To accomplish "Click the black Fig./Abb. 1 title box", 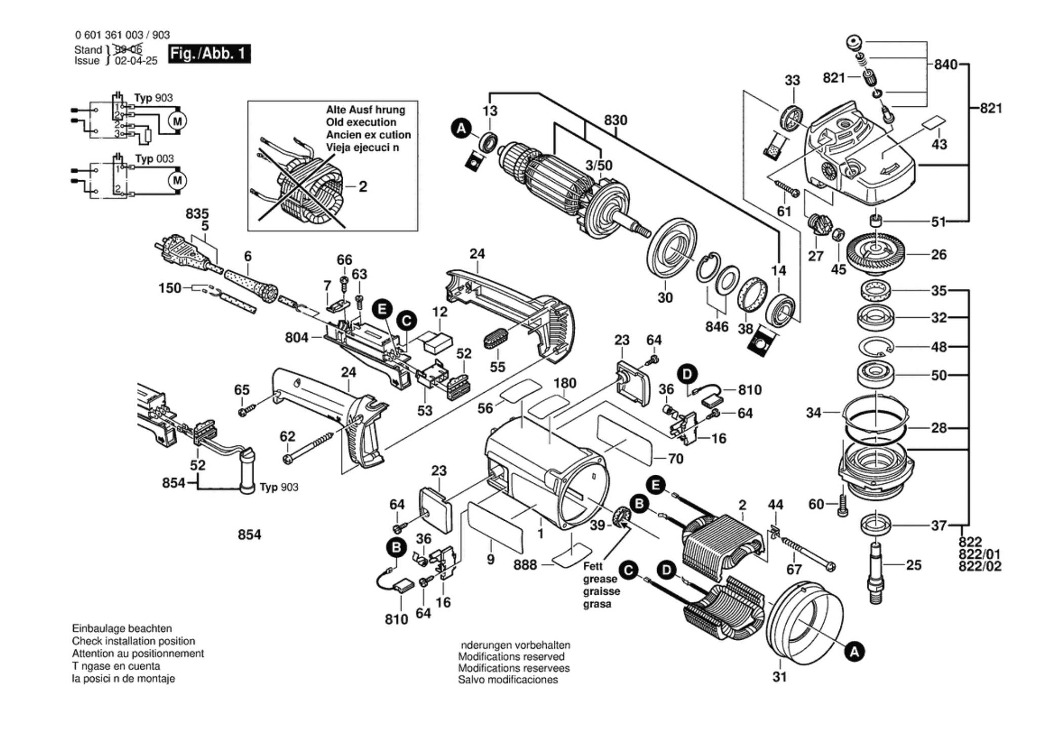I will point(209,54).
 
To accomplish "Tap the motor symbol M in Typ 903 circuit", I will point(177,121).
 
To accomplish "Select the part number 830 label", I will point(615,120).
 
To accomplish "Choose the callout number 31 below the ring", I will point(780,677).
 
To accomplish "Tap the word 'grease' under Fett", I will point(600,579).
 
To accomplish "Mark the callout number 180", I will point(564,383).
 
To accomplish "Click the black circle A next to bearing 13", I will point(461,129).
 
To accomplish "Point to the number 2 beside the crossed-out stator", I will point(363,187).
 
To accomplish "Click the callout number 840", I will point(946,65).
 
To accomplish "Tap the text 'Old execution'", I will point(361,122).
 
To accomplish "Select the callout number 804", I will point(296,338).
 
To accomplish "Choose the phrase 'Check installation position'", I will point(133,641).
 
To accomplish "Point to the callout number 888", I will point(525,564).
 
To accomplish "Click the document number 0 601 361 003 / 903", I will point(123,35).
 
